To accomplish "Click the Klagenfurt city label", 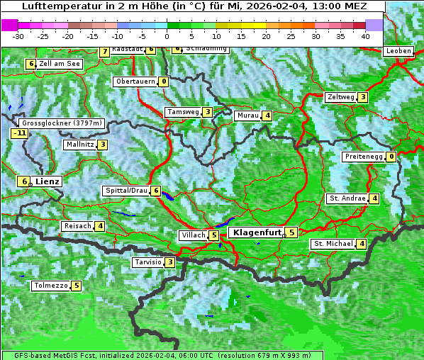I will [256, 232].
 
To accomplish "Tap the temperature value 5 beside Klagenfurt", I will [291, 232].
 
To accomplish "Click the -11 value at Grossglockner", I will [19, 133].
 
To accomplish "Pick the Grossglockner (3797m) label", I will [63, 123].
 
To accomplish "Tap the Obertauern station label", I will [135, 81].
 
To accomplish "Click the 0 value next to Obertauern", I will [164, 81].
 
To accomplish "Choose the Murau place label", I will [248, 116].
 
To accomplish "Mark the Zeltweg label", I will [340, 97].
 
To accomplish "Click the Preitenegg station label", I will [364, 157].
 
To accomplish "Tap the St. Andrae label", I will [347, 198].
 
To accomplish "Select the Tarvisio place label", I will [147, 262].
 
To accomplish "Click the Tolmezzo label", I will [50, 286].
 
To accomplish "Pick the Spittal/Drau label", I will [126, 191].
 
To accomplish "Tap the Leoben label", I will [398, 51].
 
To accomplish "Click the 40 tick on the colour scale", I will [365, 35].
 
